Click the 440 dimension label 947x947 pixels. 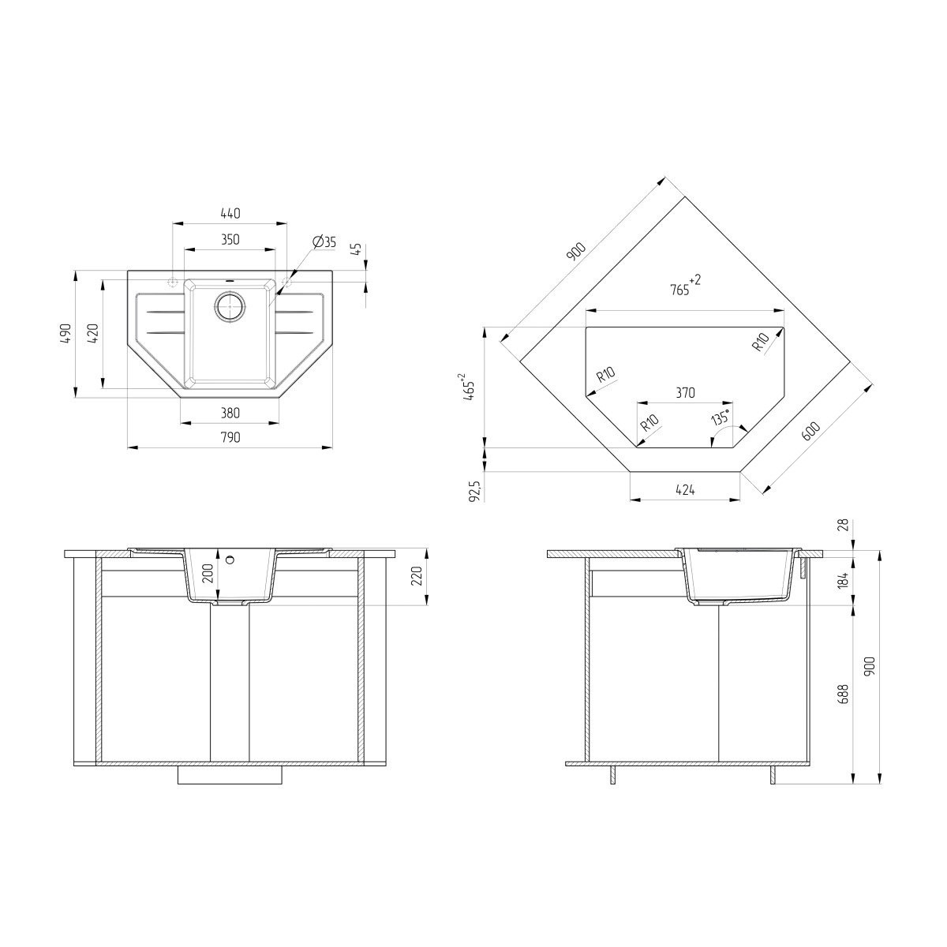tap(230, 213)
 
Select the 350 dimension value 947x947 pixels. tap(230, 239)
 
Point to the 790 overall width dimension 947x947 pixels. tap(230, 437)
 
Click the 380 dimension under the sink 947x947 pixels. tap(230, 413)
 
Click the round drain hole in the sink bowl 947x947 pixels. tap(230, 307)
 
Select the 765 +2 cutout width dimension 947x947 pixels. tap(685, 286)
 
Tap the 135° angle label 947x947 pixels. tap(721, 417)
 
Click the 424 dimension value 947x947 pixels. tap(685, 489)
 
